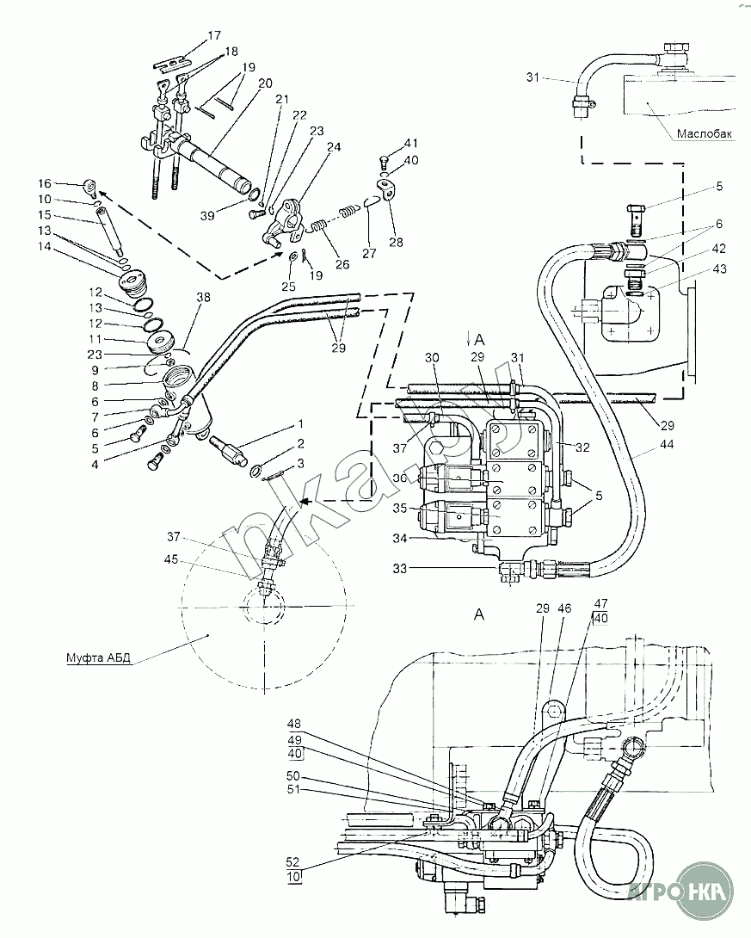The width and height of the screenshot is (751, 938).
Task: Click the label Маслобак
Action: point(705,133)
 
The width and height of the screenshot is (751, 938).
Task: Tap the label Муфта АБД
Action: point(97,659)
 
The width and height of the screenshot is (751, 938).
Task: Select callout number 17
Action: point(214,36)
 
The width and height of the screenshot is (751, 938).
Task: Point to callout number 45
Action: point(171,559)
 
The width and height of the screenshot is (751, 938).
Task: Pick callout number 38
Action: point(203,297)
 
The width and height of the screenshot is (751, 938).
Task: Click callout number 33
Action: point(399,568)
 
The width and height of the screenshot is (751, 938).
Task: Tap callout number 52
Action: point(292,862)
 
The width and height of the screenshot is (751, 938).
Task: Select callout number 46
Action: point(563,608)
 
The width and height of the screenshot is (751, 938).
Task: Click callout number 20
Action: point(266,83)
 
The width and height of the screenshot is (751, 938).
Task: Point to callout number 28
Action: point(396,242)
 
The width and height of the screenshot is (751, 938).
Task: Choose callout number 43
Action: point(719,269)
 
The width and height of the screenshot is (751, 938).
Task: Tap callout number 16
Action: point(46,183)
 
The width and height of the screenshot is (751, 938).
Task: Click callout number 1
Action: point(301,424)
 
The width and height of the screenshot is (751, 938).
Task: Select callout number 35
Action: point(399,508)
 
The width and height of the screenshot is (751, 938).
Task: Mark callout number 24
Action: point(334,146)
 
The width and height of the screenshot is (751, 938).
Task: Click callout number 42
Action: point(719,248)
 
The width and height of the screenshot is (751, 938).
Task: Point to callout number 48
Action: point(293,723)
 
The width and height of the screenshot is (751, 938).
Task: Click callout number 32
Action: point(582,447)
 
